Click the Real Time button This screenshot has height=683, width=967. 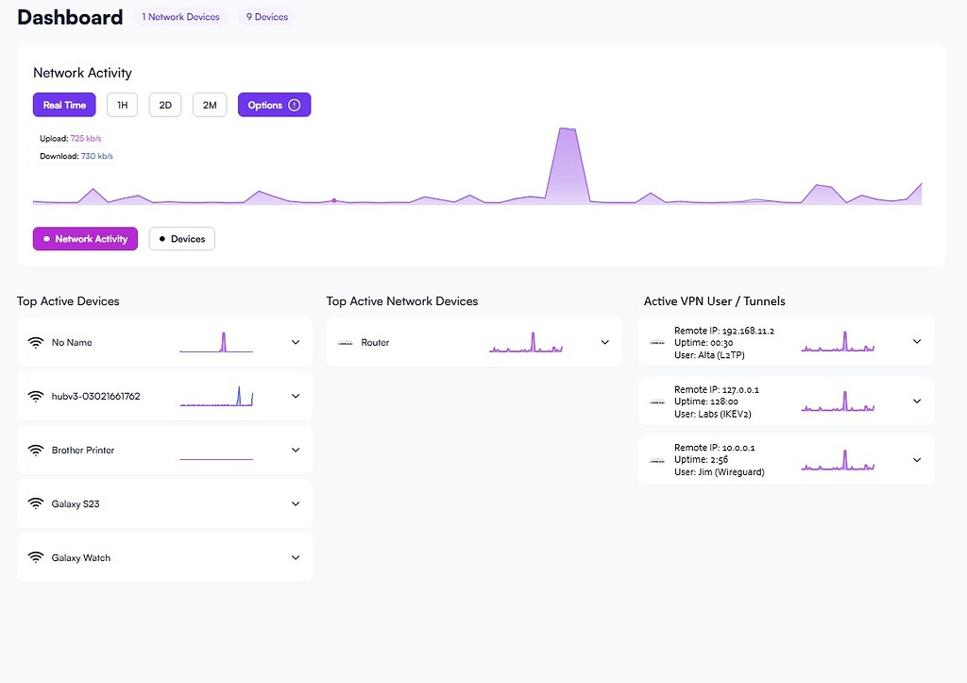(64, 105)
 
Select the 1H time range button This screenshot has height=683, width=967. (122, 105)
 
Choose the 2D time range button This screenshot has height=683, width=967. (165, 105)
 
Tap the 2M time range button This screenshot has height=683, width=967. (210, 105)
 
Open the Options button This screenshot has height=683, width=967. (274, 105)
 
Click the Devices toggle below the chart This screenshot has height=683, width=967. (182, 239)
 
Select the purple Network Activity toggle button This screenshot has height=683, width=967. (85, 239)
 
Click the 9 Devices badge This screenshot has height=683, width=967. (267, 17)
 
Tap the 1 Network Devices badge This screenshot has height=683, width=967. (180, 17)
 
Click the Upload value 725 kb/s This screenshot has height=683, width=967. (86, 139)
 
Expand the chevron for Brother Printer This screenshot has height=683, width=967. (296, 451)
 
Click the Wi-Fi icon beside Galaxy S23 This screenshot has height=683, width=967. (36, 504)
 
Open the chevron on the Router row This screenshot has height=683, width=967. (605, 342)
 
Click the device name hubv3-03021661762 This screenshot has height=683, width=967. (95, 397)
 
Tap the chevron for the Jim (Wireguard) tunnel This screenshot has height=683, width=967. (916, 460)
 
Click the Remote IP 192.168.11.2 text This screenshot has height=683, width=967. (735, 331)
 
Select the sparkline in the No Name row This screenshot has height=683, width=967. (216, 343)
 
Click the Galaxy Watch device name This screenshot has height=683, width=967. (81, 558)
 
